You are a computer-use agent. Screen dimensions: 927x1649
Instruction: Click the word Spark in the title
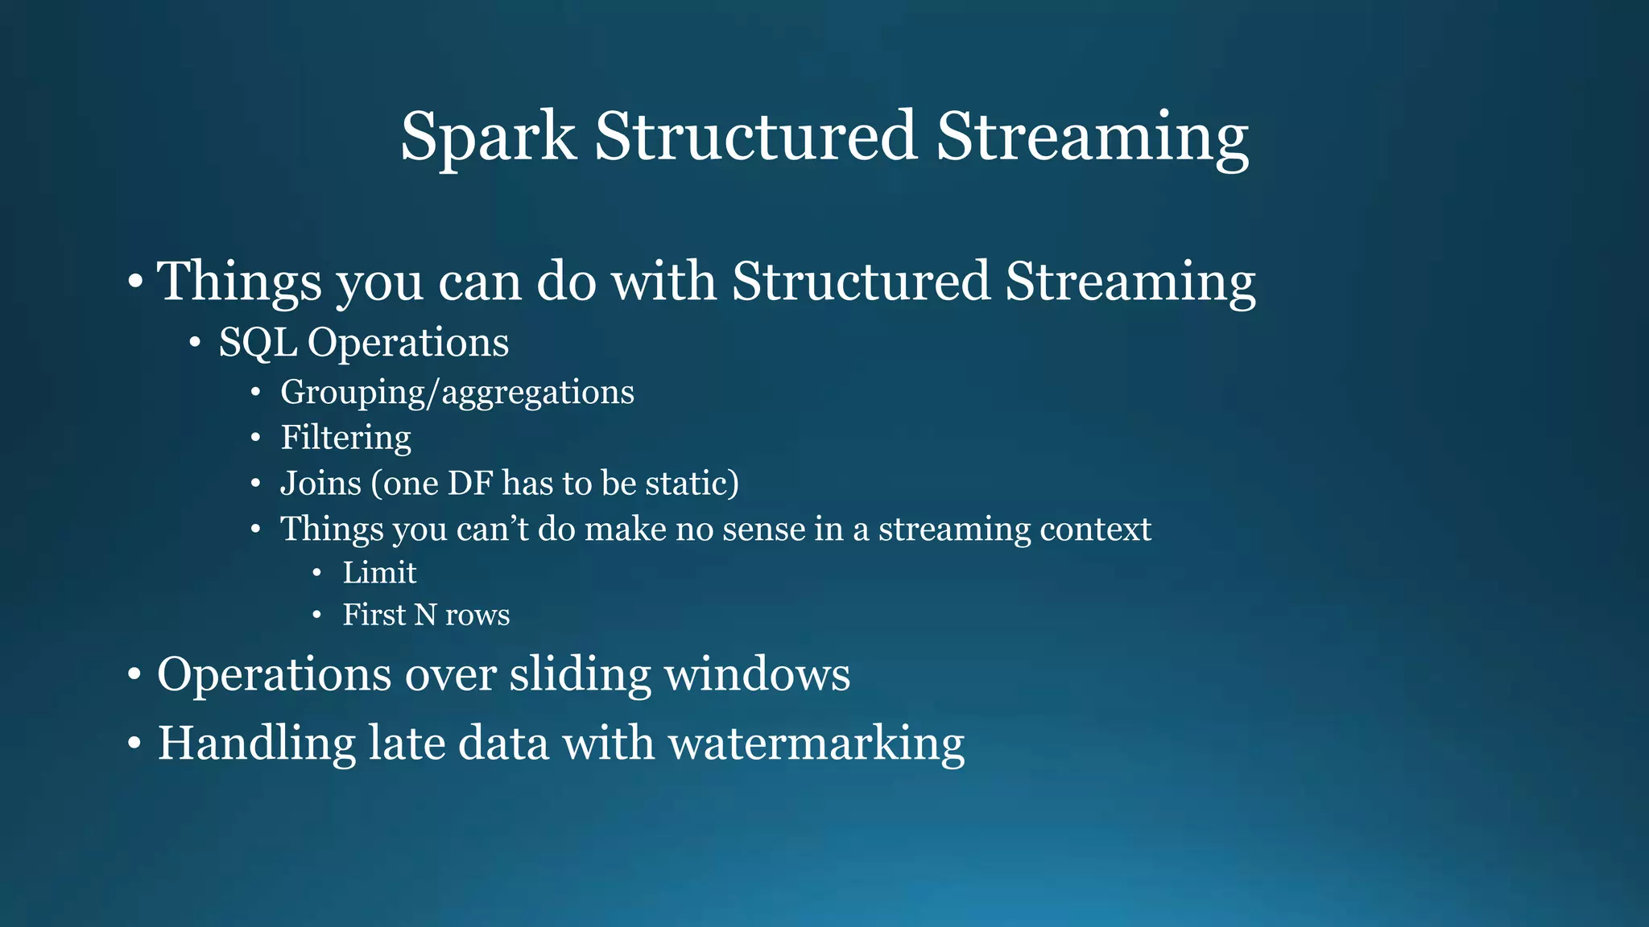pos(488,137)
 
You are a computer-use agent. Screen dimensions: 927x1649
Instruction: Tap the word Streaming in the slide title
pos(1092,137)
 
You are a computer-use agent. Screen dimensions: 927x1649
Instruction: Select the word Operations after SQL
pos(408,343)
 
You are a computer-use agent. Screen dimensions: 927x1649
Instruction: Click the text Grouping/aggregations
pos(457,393)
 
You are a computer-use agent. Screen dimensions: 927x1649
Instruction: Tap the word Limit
pos(379,573)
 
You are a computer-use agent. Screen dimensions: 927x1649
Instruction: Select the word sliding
pos(580,674)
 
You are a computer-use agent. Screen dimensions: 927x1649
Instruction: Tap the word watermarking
pos(816,743)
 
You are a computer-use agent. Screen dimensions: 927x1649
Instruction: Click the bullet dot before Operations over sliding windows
pos(134,674)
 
